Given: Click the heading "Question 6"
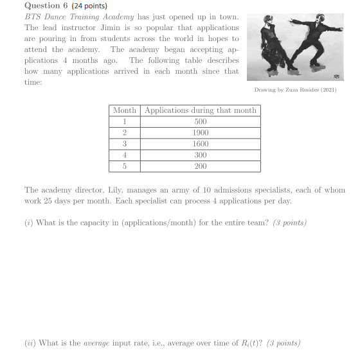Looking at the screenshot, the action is (x=46, y=6).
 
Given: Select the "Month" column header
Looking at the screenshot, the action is (x=125, y=110).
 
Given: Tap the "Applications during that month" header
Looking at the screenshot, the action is (x=201, y=110).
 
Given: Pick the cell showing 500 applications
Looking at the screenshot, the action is (x=201, y=121).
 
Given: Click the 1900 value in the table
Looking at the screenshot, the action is (x=201, y=133).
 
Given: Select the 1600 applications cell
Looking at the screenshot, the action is (x=201, y=144).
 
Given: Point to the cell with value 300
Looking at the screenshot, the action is (x=201, y=155).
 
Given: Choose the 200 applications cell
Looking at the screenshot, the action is (x=201, y=166).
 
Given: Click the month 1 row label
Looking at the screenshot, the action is (x=125, y=121).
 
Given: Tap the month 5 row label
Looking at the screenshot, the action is (x=125, y=166).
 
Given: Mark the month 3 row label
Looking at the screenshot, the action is (x=125, y=144).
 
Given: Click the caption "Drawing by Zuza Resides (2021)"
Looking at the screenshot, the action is (x=295, y=90).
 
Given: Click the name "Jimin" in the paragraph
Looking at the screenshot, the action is (x=107, y=28).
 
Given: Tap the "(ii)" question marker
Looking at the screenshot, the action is (x=30, y=343).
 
